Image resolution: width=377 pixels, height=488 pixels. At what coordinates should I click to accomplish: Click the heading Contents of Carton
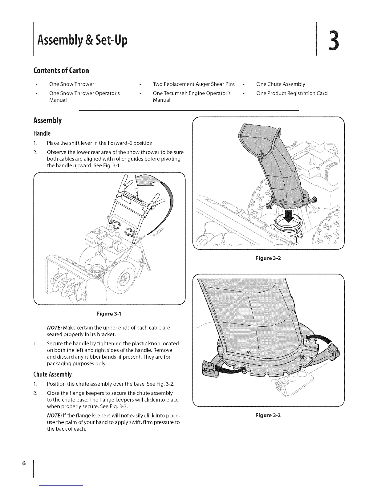(x=61, y=70)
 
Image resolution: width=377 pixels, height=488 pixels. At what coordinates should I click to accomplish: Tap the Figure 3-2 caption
(x=268, y=258)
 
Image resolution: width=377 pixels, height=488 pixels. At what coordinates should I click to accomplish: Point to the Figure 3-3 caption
(x=268, y=415)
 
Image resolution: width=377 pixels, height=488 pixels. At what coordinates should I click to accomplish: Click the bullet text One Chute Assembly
(x=281, y=84)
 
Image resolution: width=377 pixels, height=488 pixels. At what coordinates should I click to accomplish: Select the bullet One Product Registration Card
(x=292, y=93)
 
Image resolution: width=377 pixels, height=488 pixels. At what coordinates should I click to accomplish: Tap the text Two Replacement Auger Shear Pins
(x=193, y=84)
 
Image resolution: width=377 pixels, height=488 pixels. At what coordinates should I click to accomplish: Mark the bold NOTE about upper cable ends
(x=53, y=327)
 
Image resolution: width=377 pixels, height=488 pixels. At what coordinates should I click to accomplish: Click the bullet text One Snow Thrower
(x=71, y=84)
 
